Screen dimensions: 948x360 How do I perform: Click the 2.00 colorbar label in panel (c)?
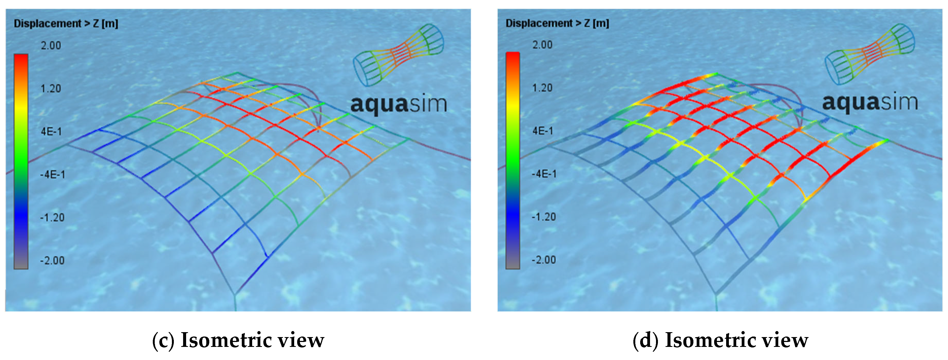[51, 46]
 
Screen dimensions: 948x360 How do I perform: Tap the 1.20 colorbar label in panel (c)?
[51, 89]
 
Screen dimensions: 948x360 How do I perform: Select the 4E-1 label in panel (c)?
[51, 131]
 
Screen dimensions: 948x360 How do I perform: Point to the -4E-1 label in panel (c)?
[52, 174]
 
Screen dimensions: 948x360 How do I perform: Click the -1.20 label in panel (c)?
[52, 218]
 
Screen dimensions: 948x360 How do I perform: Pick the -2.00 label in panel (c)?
[52, 261]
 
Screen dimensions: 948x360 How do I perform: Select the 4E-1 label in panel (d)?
[543, 131]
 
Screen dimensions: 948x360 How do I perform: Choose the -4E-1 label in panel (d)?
[544, 174]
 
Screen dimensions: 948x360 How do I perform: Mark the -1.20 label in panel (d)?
[544, 217]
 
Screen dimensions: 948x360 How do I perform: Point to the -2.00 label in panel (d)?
[544, 260]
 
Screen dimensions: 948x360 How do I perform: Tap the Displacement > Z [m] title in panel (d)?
[557, 23]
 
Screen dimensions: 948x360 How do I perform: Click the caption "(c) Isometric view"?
[238, 340]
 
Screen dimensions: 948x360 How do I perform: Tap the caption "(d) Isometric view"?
[720, 340]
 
